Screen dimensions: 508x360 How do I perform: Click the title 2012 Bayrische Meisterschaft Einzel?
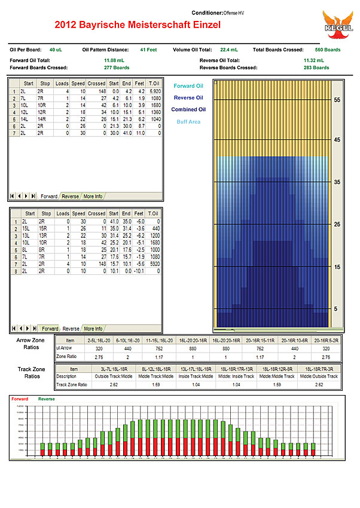click(x=138, y=25)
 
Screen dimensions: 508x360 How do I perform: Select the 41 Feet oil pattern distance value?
click(x=148, y=50)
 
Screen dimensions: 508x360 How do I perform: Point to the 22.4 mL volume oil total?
click(x=230, y=50)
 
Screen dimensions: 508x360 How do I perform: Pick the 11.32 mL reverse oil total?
click(x=313, y=60)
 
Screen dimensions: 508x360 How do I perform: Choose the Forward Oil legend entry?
click(x=188, y=85)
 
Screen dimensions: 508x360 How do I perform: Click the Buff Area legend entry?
click(x=188, y=121)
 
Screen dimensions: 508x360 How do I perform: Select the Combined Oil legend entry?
click(x=188, y=109)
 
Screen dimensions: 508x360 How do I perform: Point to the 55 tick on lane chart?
click(x=337, y=100)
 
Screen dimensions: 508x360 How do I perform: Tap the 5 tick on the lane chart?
click(x=337, y=308)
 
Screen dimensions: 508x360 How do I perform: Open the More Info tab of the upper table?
click(x=93, y=196)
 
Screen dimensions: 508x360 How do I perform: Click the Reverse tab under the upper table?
click(x=71, y=196)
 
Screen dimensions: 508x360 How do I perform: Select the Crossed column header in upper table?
click(x=96, y=83)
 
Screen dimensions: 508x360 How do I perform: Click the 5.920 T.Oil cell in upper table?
click(x=154, y=91)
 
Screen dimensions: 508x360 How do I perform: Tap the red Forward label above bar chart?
click(x=20, y=399)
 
